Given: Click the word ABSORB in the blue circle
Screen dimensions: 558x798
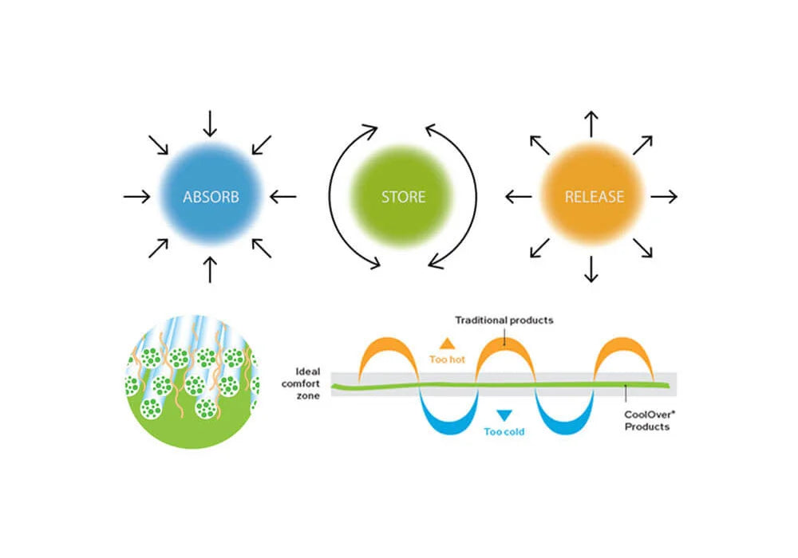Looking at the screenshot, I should pyautogui.click(x=210, y=196).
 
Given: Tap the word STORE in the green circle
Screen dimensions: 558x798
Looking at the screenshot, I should pyautogui.click(x=403, y=196).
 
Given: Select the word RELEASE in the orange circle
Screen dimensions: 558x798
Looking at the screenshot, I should pyautogui.click(x=594, y=196).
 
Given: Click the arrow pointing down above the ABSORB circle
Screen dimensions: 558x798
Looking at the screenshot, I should pyautogui.click(x=210, y=123).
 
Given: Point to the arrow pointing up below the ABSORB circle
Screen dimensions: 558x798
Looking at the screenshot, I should pyautogui.click(x=210, y=269).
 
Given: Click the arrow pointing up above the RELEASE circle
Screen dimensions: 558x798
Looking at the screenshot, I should pyautogui.click(x=591, y=123).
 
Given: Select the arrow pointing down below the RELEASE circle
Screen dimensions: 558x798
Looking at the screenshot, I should pyautogui.click(x=591, y=269).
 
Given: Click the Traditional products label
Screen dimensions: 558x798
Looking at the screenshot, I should pyautogui.click(x=504, y=320).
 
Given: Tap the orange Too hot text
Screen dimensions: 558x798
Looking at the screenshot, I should pyautogui.click(x=448, y=359).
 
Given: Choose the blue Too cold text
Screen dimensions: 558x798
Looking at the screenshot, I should pyautogui.click(x=504, y=432).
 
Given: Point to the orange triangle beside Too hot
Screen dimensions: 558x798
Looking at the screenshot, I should pyautogui.click(x=448, y=344).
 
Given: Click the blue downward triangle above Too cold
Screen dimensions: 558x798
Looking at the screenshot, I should pyautogui.click(x=504, y=415).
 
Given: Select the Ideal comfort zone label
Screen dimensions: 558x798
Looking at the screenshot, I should pyautogui.click(x=307, y=383).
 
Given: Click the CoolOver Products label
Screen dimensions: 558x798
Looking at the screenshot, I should pyautogui.click(x=647, y=420).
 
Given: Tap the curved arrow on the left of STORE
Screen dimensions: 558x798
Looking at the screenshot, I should pyautogui.click(x=342, y=195).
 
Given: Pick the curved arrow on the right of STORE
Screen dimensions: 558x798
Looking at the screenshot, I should pyautogui.click(x=464, y=195).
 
